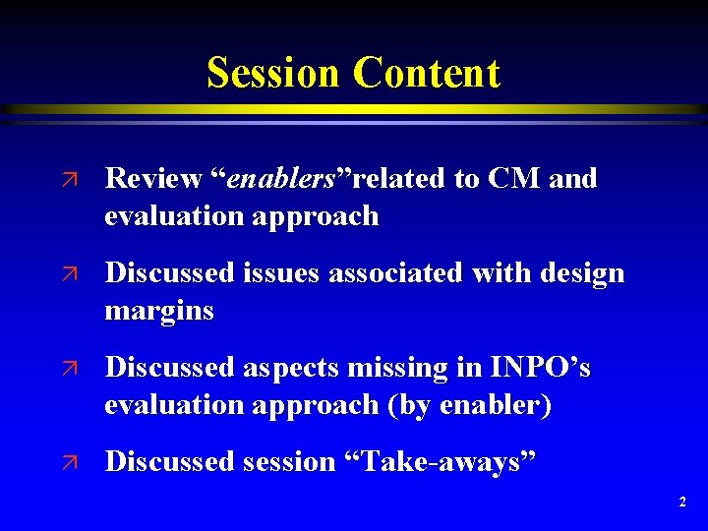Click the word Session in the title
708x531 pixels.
(x=274, y=73)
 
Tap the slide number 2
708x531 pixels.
(x=682, y=502)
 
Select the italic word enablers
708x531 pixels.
(x=282, y=179)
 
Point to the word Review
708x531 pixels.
(x=152, y=179)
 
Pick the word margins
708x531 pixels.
(x=159, y=312)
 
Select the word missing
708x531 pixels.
(x=405, y=368)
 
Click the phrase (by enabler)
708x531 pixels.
(x=468, y=404)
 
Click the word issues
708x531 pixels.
(x=286, y=273)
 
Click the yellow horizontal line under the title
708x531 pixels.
(x=354, y=109)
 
